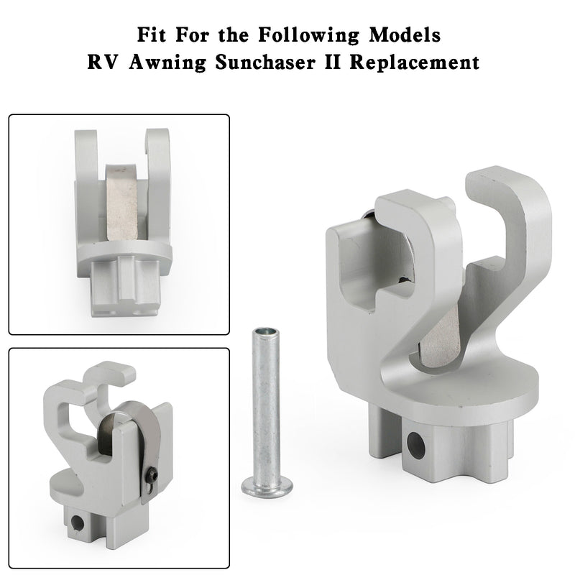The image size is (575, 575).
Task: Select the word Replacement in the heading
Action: pos(424,63)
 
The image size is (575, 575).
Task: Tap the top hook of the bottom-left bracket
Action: pos(108,376)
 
